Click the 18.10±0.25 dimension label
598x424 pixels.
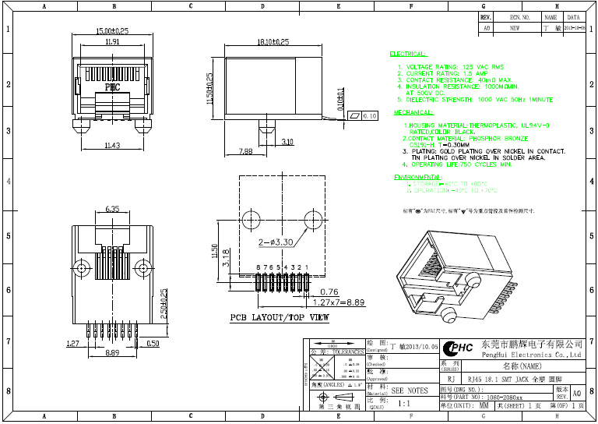pyautogui.click(x=273, y=41)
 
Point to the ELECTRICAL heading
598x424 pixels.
pyautogui.click(x=407, y=55)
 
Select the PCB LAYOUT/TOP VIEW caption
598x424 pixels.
pyautogui.click(x=279, y=318)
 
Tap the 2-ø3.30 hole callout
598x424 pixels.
pyautogui.click(x=276, y=242)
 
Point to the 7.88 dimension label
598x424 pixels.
pyautogui.click(x=246, y=151)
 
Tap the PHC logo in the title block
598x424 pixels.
pyautogui.click(x=458, y=348)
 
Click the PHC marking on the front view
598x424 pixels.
pyautogui.click(x=112, y=87)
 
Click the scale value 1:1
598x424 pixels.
pyautogui.click(x=404, y=405)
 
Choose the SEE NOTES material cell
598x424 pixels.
pyautogui.click(x=409, y=390)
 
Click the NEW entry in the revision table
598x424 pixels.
pyautogui.click(x=515, y=26)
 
